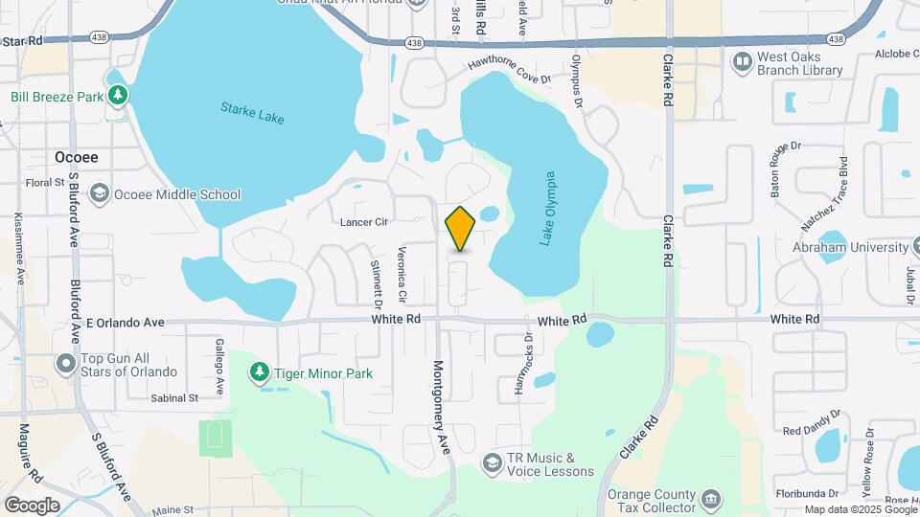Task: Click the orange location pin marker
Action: (460, 229)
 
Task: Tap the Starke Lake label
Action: (252, 113)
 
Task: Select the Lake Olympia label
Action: (547, 209)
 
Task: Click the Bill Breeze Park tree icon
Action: (117, 95)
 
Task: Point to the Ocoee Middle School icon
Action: (99, 194)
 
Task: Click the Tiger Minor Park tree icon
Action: (259, 372)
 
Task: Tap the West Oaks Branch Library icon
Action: (742, 63)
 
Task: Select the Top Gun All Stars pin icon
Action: (65, 364)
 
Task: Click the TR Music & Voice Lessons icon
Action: (492, 464)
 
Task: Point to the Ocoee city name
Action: (77, 157)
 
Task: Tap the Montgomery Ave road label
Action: (442, 405)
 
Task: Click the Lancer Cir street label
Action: (364, 222)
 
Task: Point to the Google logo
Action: (32, 506)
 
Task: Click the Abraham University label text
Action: (849, 247)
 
